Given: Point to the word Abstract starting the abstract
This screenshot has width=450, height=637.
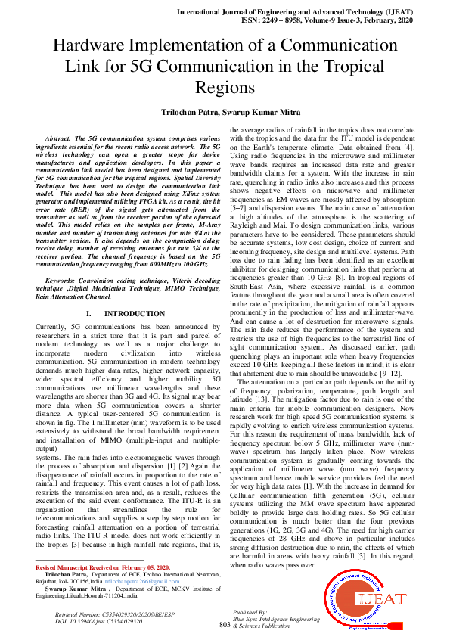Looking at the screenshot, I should [64, 140].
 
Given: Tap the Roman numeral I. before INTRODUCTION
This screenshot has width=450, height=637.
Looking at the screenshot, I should [90, 312].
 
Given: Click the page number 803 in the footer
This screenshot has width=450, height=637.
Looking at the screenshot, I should [224, 624].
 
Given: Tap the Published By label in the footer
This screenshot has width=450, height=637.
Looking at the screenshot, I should [251, 611].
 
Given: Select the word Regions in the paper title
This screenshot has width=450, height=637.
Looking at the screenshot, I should [225, 87].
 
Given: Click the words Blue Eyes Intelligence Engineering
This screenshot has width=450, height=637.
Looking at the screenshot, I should [277, 618].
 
